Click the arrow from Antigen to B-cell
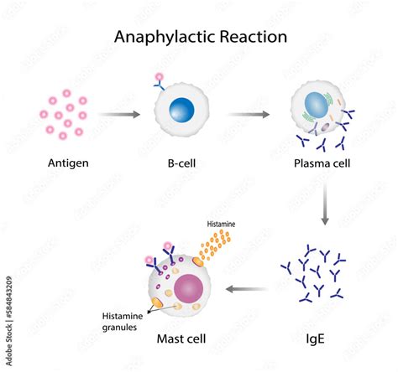(120, 112)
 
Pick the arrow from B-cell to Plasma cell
(249, 112)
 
